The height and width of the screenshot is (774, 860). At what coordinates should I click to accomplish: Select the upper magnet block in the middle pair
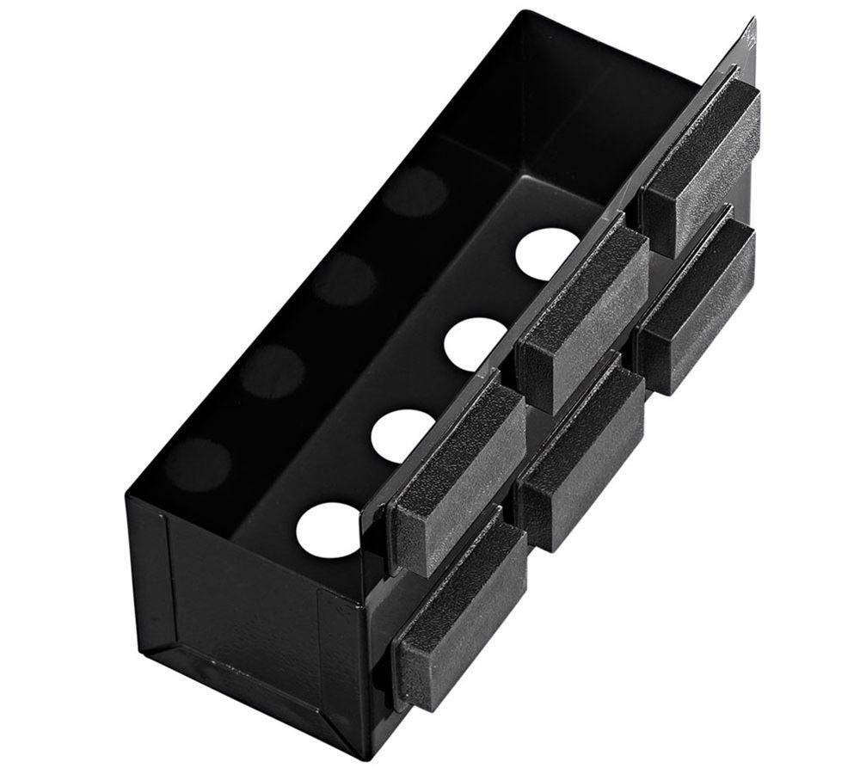pos(583,310)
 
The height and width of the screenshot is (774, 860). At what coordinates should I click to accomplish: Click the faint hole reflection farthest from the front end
pos(415,191)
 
